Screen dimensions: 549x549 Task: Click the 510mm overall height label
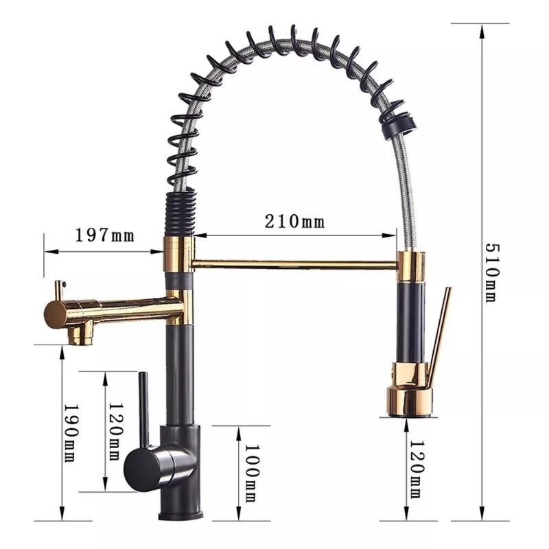point(492,272)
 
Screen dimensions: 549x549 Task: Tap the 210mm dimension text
point(294,222)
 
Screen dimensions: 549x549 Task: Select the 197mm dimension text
point(105,235)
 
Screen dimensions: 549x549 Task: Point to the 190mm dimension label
point(71,433)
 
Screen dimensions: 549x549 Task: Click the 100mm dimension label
point(252,474)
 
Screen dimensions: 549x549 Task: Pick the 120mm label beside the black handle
point(115,432)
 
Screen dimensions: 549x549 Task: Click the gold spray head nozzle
point(410,401)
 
